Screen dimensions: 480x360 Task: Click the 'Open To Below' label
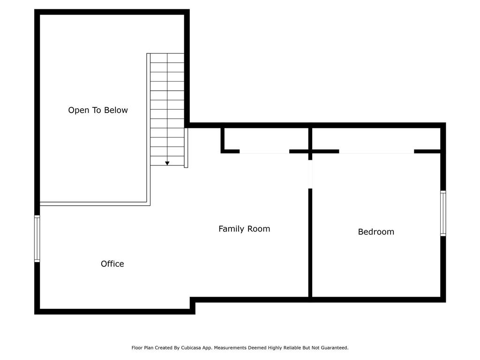click(98, 110)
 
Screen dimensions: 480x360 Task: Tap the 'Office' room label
click(112, 264)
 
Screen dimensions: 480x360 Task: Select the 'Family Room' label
click(244, 229)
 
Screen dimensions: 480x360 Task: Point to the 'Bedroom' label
click(376, 232)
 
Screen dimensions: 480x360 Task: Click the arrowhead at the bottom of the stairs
click(167, 163)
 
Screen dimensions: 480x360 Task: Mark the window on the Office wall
click(37, 239)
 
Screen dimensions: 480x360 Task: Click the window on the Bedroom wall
click(443, 213)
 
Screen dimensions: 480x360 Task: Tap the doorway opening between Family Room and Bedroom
click(310, 174)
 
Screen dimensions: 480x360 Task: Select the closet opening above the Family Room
click(264, 152)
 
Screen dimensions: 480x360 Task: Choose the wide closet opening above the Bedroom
click(376, 152)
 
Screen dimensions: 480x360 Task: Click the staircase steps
click(167, 110)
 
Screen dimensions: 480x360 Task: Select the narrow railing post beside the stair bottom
click(186, 148)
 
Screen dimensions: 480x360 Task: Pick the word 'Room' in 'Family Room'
click(259, 229)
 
